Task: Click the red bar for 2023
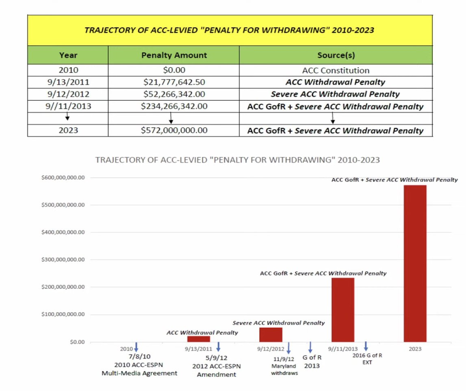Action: [414, 263]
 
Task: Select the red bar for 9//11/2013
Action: [343, 310]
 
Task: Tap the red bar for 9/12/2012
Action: [271, 335]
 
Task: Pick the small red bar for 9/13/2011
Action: [198, 339]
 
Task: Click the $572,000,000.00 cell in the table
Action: [174, 130]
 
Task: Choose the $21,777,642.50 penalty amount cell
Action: [174, 82]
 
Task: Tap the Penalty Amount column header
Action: [174, 55]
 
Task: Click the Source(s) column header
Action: [336, 55]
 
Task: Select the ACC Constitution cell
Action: [336, 70]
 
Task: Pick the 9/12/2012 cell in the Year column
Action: [68, 94]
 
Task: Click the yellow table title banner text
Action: [229, 30]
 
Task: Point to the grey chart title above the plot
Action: [237, 160]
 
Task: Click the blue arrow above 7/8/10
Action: [136, 347]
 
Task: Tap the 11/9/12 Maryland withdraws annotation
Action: [284, 365]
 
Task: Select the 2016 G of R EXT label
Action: [367, 359]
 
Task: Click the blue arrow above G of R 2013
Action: [310, 347]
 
